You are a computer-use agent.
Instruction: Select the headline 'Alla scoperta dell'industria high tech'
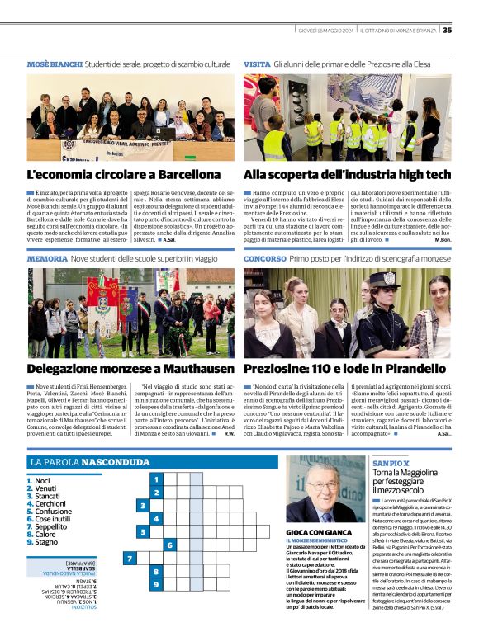[346, 175]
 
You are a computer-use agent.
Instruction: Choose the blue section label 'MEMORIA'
[47, 258]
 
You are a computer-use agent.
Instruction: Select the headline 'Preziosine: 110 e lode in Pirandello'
[347, 370]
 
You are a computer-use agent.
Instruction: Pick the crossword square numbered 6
[169, 545]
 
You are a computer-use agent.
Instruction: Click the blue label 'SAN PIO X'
[390, 465]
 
